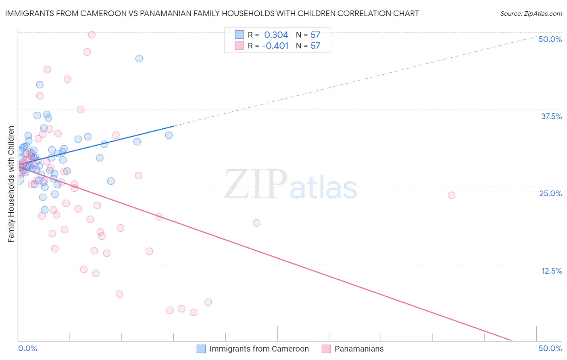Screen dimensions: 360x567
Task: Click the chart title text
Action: (x=212, y=13)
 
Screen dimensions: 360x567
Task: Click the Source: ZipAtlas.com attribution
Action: (x=531, y=13)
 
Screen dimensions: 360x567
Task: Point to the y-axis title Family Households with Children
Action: (x=11, y=184)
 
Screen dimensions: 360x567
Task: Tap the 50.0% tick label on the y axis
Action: (x=550, y=39)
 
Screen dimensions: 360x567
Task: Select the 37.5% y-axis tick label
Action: (x=551, y=116)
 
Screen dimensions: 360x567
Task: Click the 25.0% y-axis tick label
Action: (x=550, y=193)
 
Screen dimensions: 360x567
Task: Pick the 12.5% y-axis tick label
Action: (x=551, y=271)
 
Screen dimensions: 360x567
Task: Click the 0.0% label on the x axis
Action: (x=27, y=348)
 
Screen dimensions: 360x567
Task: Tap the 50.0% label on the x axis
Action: (x=550, y=348)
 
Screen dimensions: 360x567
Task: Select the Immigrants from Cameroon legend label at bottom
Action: (x=259, y=349)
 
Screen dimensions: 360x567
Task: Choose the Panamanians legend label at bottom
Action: (x=359, y=349)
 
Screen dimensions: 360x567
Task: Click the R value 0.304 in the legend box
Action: (x=276, y=35)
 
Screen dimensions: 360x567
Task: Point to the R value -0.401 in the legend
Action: (x=275, y=46)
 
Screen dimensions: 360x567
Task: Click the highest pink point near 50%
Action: (x=92, y=35)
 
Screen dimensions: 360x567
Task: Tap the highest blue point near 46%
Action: (x=139, y=59)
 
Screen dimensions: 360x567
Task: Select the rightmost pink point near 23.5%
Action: (x=452, y=195)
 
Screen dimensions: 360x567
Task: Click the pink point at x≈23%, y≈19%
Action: (x=256, y=223)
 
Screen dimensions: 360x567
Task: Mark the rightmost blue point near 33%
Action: (x=169, y=135)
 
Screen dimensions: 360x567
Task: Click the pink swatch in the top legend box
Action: (x=240, y=46)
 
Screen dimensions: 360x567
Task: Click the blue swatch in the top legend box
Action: (x=240, y=35)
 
